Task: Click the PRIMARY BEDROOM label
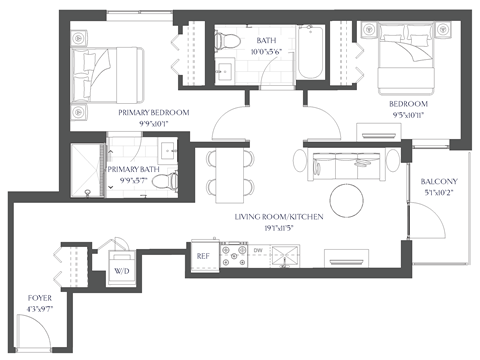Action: point(153,113)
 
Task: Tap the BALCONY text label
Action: point(439,181)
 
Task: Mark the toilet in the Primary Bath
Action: point(171,182)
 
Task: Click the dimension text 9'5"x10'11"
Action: point(408,116)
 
